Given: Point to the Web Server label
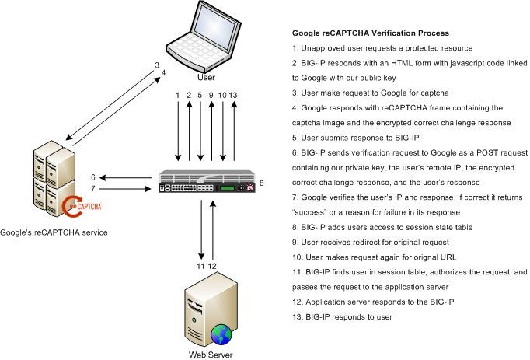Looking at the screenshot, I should [x=210, y=354].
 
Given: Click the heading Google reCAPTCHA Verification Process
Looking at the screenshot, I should [x=370, y=33].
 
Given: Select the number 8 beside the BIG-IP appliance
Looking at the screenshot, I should [x=262, y=183].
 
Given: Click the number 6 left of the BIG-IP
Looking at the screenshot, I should [x=93, y=177].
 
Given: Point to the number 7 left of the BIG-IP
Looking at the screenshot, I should [x=93, y=189].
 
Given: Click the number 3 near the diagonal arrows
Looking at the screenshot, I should [x=156, y=65].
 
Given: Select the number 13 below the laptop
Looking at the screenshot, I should [x=232, y=95].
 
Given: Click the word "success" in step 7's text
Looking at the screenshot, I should [x=313, y=212].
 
